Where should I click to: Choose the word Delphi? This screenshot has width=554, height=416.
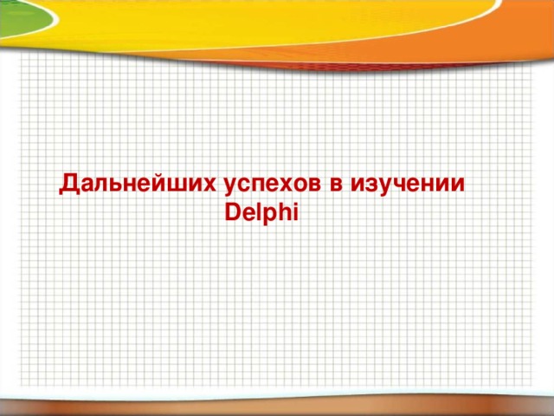(261, 211)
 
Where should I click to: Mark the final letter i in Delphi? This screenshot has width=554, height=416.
(295, 210)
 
